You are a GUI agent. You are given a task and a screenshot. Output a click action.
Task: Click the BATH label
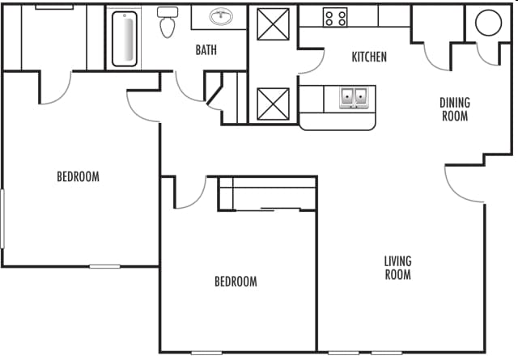pos(206,50)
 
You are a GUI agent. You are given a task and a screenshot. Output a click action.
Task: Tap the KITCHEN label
pos(368,57)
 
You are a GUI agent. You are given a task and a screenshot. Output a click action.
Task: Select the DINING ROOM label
pos(454,109)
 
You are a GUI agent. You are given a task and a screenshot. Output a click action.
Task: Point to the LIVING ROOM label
pos(397,268)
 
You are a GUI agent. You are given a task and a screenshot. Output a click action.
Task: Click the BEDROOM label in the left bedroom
pos(78,176)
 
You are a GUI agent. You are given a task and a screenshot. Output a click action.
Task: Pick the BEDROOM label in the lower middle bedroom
pos(236,282)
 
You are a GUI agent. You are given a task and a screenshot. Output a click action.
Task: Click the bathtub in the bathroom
pos(125,37)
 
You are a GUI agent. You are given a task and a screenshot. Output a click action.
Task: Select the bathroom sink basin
pos(219,16)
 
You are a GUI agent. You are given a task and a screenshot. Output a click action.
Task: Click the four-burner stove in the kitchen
pos(335,16)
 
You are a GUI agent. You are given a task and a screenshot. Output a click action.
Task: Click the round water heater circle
pos(489,23)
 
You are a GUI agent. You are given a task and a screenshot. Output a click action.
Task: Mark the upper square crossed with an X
pos(273,23)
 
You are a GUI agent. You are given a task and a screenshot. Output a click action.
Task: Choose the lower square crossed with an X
pos(273,104)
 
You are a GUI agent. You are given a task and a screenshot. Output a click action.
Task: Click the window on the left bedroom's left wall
pos(2,218)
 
